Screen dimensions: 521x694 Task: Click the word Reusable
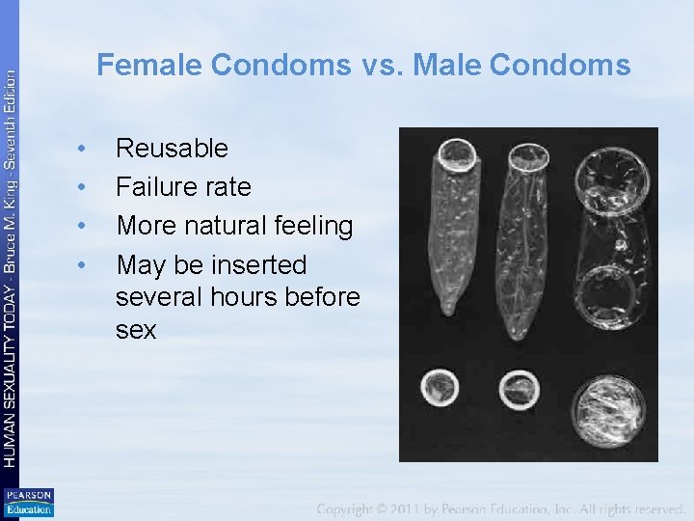tap(172, 149)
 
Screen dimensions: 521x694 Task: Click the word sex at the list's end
tap(135, 330)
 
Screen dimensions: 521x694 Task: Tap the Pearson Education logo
tap(28, 503)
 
